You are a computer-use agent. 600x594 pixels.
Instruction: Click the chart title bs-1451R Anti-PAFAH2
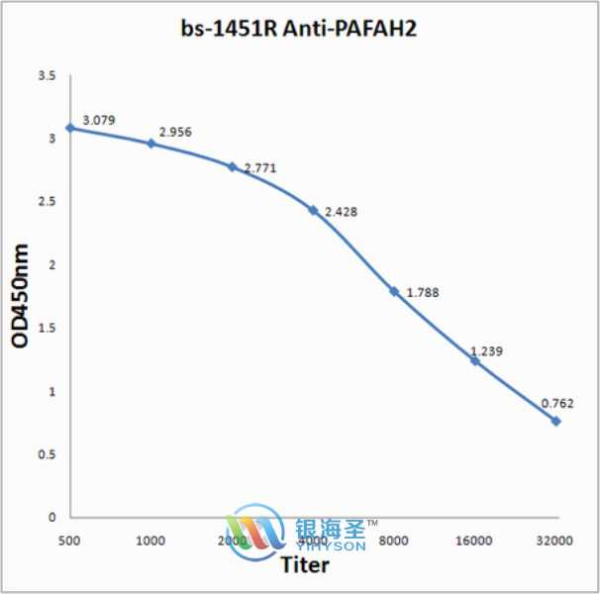pyautogui.click(x=300, y=30)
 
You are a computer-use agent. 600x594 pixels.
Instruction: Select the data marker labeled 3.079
pyautogui.click(x=70, y=128)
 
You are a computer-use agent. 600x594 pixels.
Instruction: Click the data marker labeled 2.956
pyautogui.click(x=151, y=144)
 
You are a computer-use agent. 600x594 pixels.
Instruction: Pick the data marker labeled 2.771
pyautogui.click(x=233, y=166)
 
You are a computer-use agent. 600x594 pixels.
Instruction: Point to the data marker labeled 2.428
pyautogui.click(x=313, y=210)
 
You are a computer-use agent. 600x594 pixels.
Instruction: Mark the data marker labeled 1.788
pyautogui.click(x=394, y=291)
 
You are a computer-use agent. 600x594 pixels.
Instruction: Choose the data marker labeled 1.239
pyautogui.click(x=475, y=360)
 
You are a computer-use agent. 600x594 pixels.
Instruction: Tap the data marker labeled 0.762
pyautogui.click(x=556, y=421)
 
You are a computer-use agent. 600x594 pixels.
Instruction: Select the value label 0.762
pyautogui.click(x=557, y=403)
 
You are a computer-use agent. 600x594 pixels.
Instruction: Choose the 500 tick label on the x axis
pyautogui.click(x=70, y=540)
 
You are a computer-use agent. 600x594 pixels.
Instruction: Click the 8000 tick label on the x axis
pyautogui.click(x=394, y=540)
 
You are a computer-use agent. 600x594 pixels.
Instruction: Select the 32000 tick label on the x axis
pyautogui.click(x=555, y=540)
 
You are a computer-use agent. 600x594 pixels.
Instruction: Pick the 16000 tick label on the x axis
pyautogui.click(x=475, y=540)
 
